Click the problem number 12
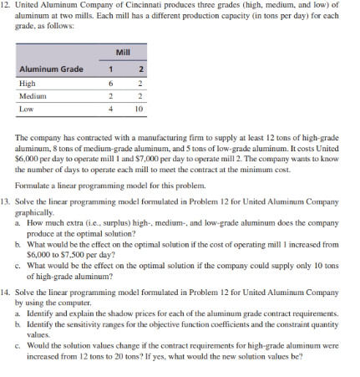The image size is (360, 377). [x=8, y=8]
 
